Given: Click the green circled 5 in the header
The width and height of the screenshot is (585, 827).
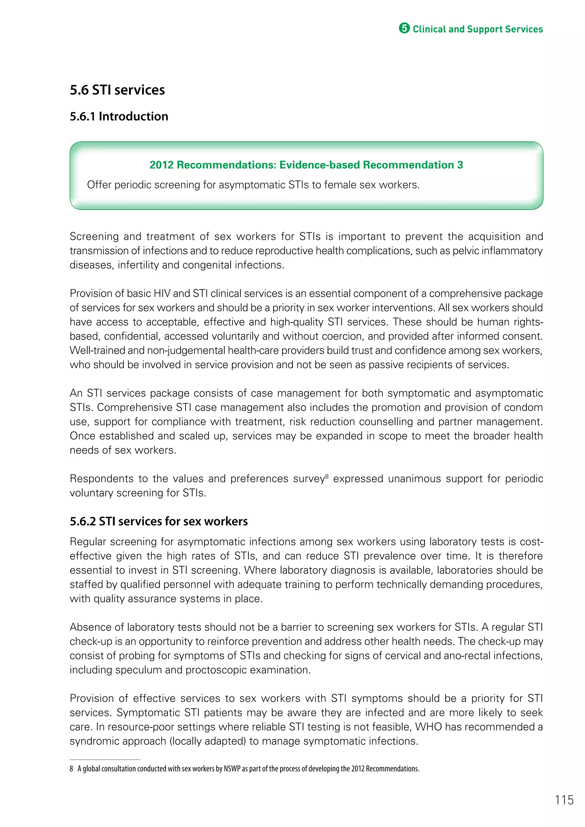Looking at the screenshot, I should pos(404,29).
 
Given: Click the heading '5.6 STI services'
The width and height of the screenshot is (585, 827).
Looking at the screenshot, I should pos(117,90).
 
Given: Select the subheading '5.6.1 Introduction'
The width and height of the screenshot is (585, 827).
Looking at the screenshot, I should pos(119,116).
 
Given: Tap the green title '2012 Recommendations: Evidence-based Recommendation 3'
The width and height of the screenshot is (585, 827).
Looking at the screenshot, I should pos(306,165).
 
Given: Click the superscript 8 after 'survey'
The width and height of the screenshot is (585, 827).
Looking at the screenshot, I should pos(327,476).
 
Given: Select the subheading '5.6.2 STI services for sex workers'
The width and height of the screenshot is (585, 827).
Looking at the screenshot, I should pos(159,521).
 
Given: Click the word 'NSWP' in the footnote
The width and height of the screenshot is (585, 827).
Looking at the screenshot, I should pos(232,769).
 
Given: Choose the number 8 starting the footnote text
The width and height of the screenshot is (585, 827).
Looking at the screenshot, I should pos(71,769).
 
